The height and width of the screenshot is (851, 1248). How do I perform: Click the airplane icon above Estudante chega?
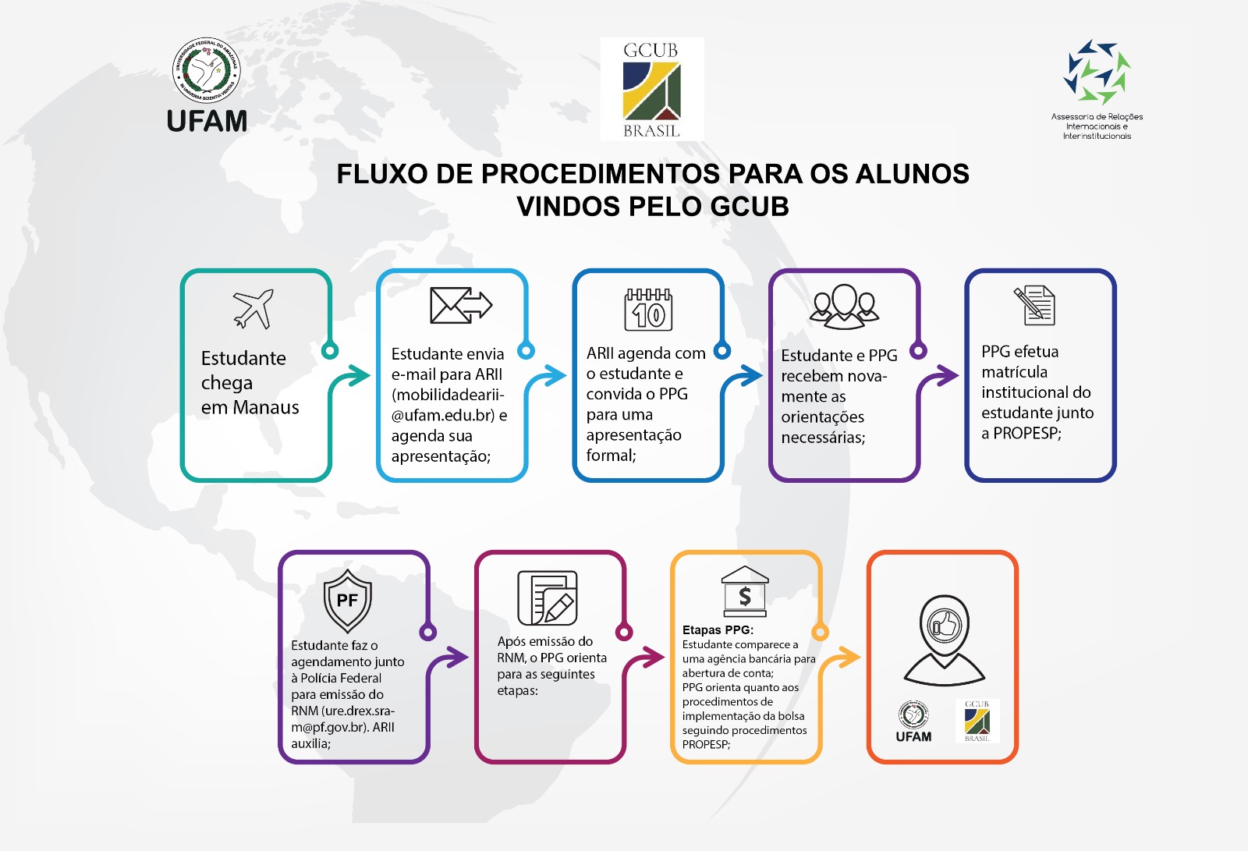pos(253,309)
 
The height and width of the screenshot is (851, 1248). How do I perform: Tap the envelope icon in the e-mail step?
pos(460,305)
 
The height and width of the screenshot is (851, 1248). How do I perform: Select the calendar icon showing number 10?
pos(648,310)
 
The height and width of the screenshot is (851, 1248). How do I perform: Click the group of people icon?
pos(844,305)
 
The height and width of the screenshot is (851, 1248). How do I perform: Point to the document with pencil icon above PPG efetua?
pos(1035,305)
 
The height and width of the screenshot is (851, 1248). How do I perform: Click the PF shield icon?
pos(347,600)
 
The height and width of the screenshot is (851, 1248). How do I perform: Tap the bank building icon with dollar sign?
pos(745,590)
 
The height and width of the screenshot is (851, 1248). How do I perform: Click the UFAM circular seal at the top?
pos(207,71)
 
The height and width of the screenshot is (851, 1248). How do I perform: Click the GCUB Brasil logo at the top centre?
pos(652,89)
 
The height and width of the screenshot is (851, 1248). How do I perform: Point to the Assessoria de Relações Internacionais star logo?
pos(1097,72)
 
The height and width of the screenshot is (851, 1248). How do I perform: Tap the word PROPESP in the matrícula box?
pos(1026,433)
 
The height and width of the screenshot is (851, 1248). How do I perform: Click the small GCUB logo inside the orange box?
pos(977,721)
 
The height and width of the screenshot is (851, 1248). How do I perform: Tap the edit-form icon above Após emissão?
pos(548,597)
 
